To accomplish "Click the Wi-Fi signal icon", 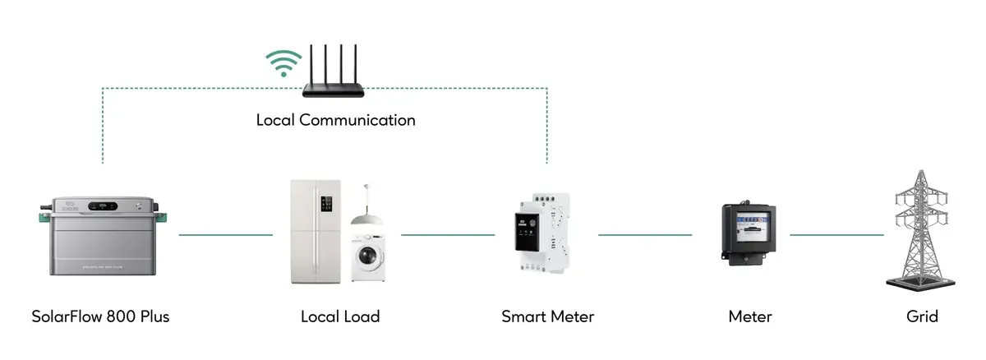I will [x=283, y=63].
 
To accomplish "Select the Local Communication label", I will [x=335, y=120].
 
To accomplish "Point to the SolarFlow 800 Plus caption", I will [x=100, y=316].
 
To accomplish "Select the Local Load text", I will [x=340, y=316].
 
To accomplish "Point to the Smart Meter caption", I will [x=547, y=316].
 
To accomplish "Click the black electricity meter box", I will [x=747, y=233].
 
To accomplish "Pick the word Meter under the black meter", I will [x=749, y=316].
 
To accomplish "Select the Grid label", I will [x=922, y=316].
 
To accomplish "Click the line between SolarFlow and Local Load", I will [x=225, y=235].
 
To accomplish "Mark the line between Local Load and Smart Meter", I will [x=448, y=235].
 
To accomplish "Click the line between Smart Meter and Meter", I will [x=645, y=235].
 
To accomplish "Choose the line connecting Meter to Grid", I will [x=836, y=235].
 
